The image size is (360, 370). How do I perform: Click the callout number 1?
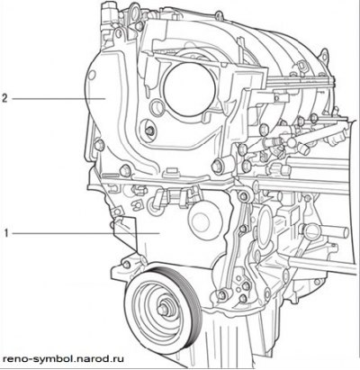[x=6, y=233]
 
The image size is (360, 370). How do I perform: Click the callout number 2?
[x=4, y=98]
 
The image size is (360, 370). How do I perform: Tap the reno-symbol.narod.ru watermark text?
[x=63, y=358]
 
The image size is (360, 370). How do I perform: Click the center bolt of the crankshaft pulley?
[x=163, y=310]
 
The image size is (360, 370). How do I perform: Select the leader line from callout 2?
[x=58, y=98]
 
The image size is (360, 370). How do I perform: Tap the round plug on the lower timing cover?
[x=204, y=221]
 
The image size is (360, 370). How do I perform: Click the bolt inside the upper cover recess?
[x=150, y=131]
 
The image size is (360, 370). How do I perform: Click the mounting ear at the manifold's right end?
[x=325, y=57]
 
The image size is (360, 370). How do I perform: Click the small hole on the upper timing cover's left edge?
[x=93, y=75]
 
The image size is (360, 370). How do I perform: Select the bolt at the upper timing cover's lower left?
[x=99, y=145]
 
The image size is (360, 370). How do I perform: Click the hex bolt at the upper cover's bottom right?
[x=217, y=166]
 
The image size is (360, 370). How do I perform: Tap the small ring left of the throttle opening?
[x=157, y=108]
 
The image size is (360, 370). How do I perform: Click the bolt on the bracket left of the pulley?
[x=127, y=265]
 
